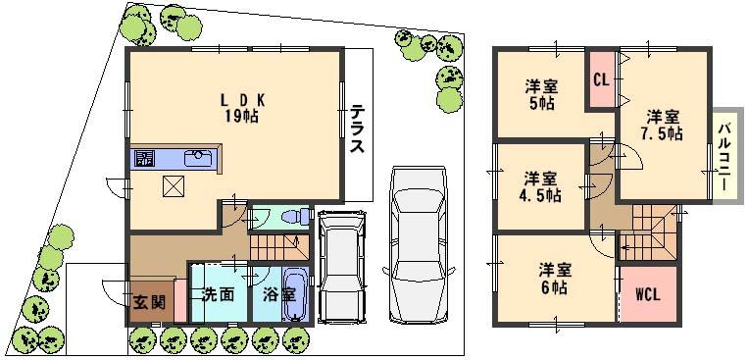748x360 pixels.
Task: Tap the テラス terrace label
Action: tap(358, 130)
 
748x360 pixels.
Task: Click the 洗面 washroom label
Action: tap(218, 293)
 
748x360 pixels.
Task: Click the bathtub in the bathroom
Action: tap(295, 293)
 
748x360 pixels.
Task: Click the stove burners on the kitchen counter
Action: tap(144, 158)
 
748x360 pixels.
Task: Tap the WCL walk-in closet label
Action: tap(647, 294)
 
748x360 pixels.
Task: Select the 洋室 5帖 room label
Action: tap(541, 93)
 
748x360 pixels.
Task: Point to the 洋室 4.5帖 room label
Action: tap(540, 186)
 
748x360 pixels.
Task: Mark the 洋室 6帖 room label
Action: tap(555, 280)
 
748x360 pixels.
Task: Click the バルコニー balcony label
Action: tap(724, 155)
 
